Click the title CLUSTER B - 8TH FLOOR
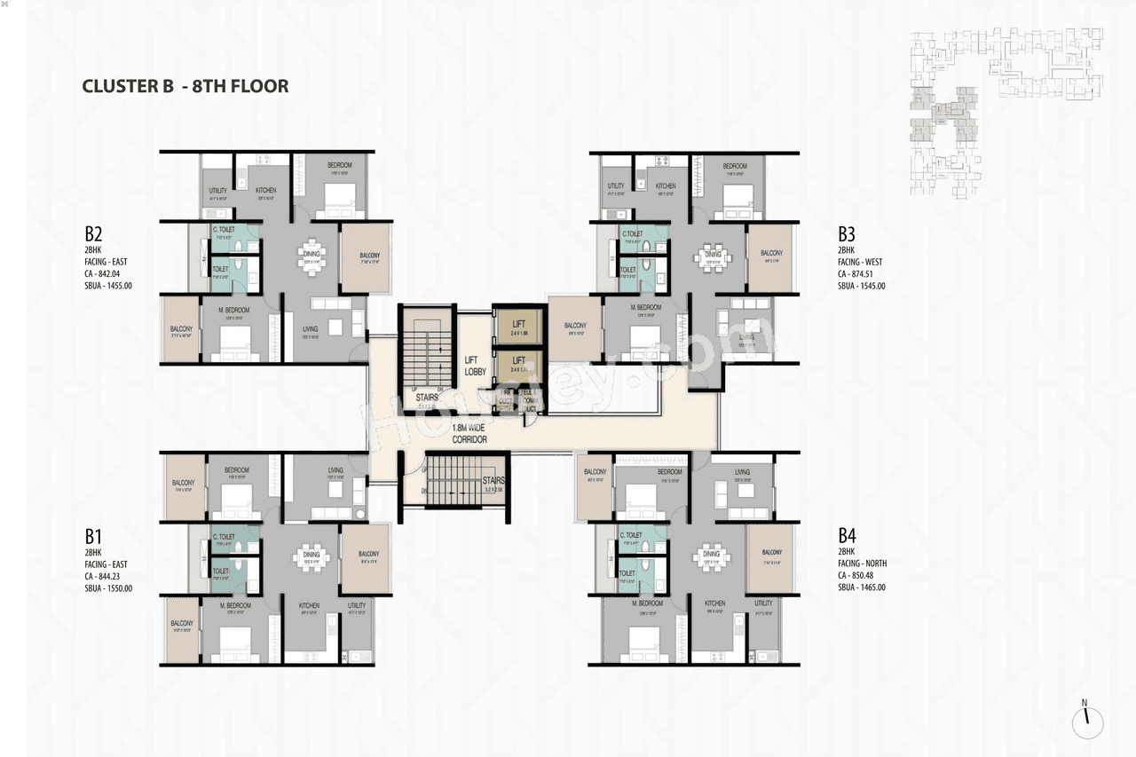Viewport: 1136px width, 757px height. click(185, 86)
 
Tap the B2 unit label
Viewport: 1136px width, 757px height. click(94, 235)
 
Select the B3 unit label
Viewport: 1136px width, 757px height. click(846, 235)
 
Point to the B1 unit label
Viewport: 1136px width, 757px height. click(94, 536)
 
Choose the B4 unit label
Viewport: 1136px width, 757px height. click(846, 536)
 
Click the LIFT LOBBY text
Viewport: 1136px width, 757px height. click(476, 366)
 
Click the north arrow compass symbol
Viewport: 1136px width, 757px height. click(1086, 721)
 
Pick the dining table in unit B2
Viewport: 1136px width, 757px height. click(311, 256)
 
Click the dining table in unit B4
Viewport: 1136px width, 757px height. click(710, 556)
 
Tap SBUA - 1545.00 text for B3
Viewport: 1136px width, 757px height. click(862, 286)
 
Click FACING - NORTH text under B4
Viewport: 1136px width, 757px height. click(862, 564)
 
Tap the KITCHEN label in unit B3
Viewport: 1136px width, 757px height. click(666, 186)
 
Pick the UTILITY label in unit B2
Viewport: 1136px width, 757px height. click(217, 191)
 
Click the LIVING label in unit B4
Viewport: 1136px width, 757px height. click(742, 472)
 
